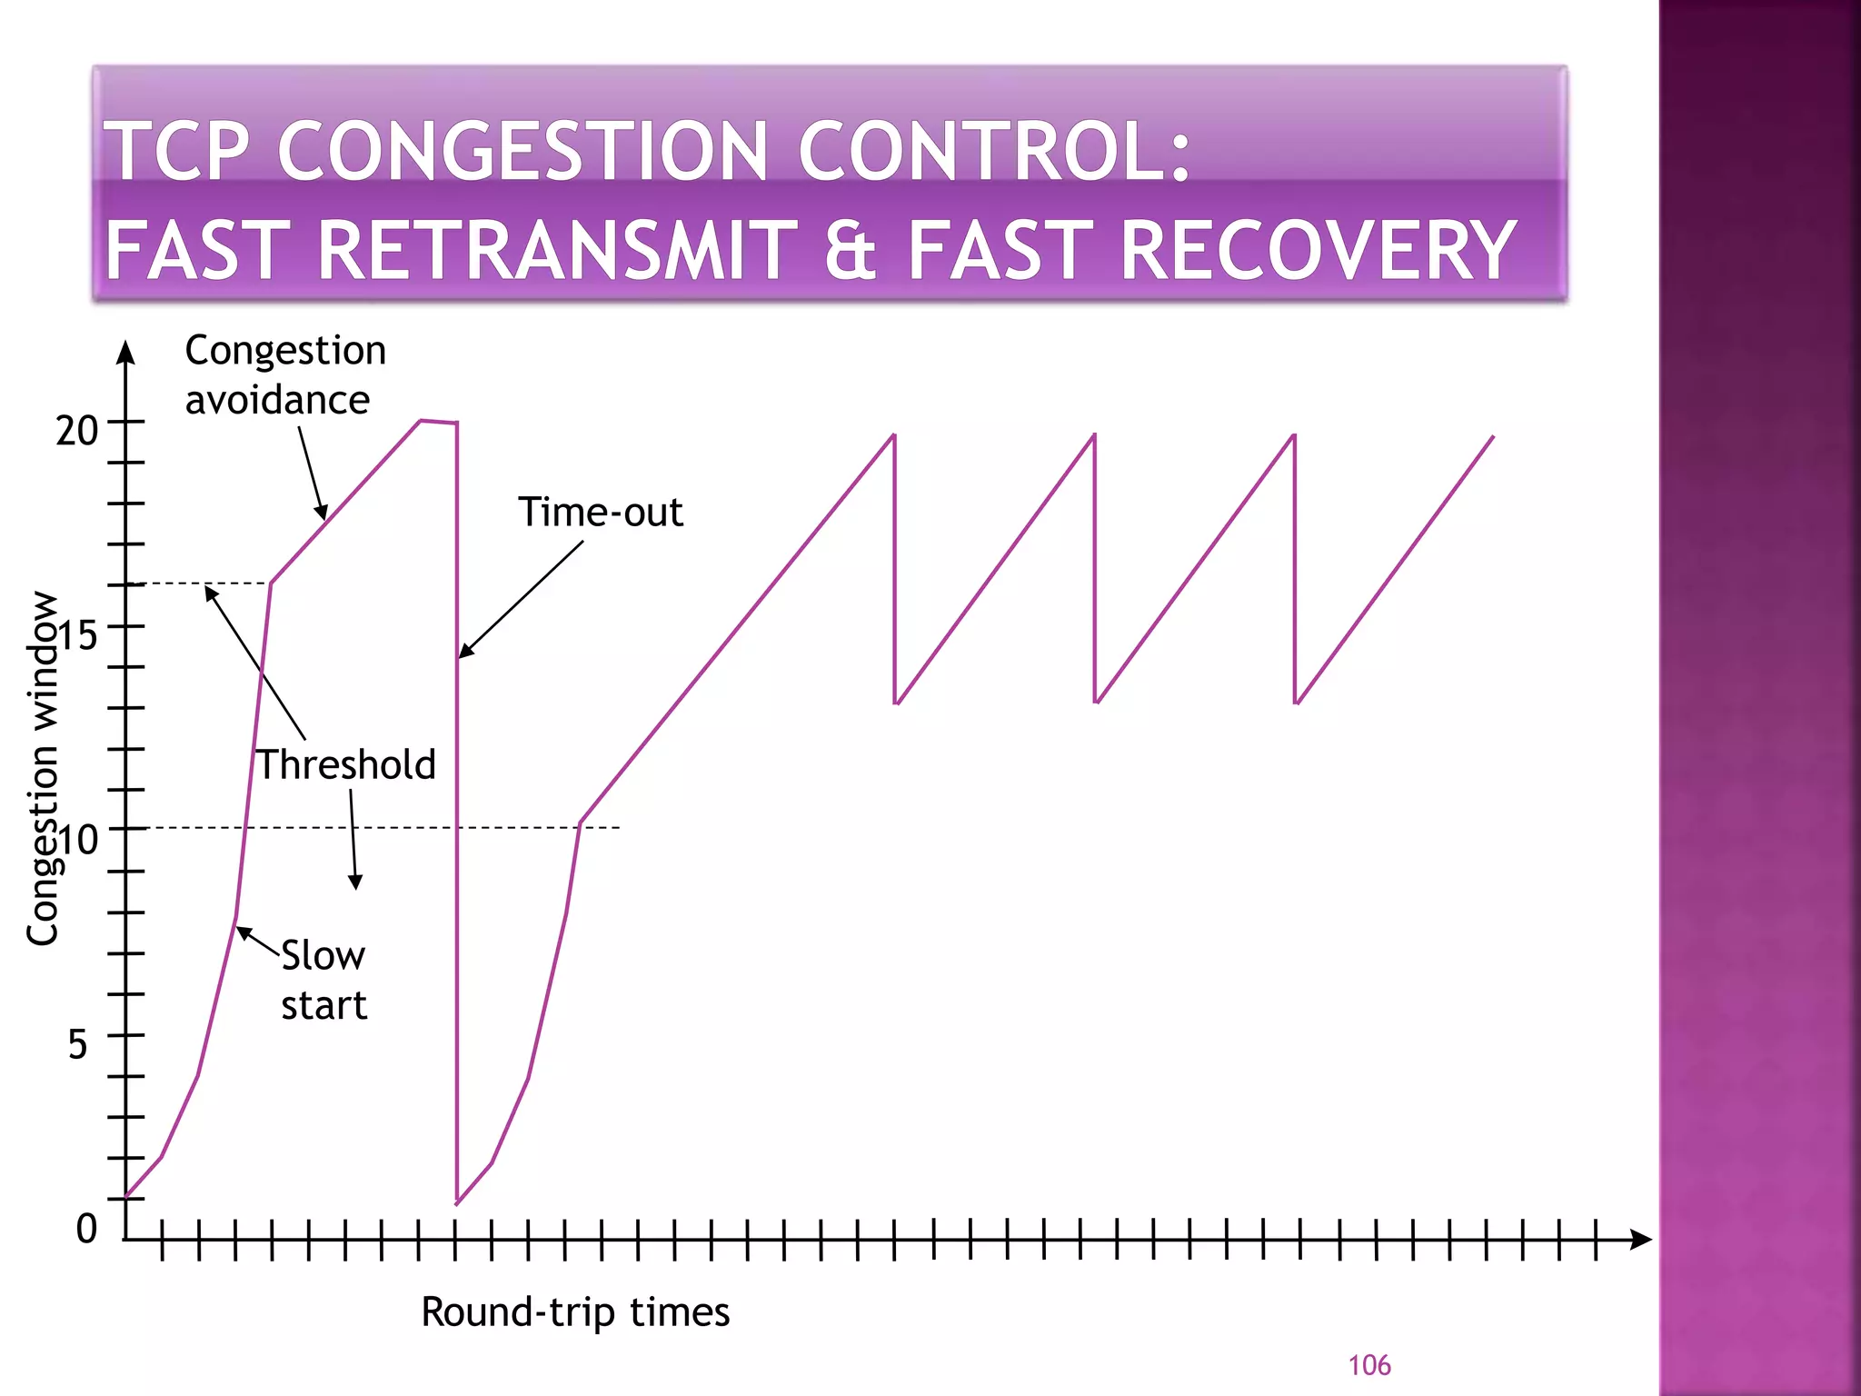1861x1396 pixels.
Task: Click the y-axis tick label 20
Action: [76, 431]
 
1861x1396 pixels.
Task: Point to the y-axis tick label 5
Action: [78, 1044]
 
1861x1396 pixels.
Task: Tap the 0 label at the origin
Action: [86, 1229]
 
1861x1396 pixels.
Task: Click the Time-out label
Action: [600, 513]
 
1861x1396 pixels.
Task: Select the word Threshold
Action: [346, 765]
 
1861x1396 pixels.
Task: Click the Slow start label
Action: [323, 981]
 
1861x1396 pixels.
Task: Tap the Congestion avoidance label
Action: [285, 375]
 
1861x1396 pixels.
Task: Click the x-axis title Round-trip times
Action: [575, 1312]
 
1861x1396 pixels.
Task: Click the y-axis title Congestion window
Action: [42, 769]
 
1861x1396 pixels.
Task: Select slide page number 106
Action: [1368, 1365]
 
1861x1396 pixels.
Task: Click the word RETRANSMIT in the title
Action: [556, 251]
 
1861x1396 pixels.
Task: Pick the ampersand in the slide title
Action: [851, 251]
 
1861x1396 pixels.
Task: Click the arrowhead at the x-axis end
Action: [1640, 1240]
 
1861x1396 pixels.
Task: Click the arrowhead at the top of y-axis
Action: [126, 353]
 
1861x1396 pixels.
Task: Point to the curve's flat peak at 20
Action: [438, 422]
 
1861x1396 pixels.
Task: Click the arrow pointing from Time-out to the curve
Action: [521, 599]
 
